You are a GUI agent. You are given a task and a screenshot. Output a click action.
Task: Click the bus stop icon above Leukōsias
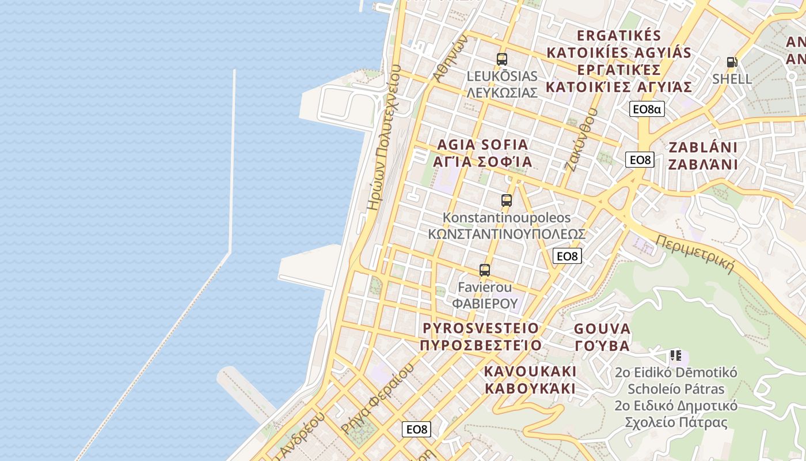[501, 59]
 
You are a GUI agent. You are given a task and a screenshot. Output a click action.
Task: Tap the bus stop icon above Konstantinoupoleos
[506, 201]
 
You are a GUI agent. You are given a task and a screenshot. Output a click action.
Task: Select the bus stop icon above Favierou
[485, 270]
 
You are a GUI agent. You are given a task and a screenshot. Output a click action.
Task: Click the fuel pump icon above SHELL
[732, 62]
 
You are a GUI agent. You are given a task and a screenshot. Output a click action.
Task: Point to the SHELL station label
[732, 79]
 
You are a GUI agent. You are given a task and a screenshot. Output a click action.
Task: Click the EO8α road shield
[647, 109]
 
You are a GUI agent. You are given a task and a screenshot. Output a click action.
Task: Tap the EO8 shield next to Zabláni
[640, 160]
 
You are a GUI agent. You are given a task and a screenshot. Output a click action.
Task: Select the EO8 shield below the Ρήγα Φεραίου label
[416, 429]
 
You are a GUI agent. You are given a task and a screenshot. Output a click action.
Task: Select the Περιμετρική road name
[695, 254]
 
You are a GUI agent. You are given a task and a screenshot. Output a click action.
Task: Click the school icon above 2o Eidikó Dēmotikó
[675, 356]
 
